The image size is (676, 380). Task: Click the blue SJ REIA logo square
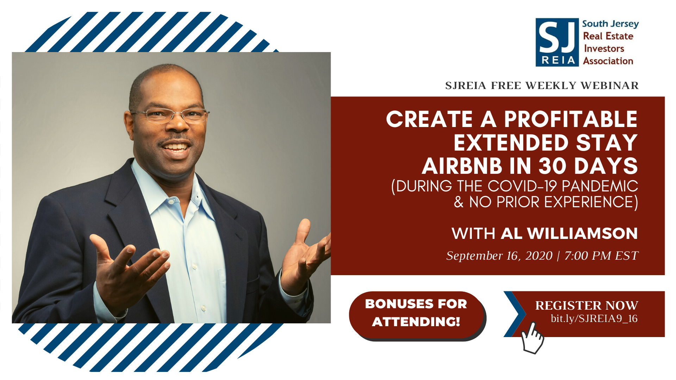pos(557,42)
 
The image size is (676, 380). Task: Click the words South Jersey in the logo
pos(610,24)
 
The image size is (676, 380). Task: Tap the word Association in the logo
pos(608,61)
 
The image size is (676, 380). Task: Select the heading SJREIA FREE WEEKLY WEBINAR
pos(542,85)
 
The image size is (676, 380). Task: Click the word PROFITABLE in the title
pos(571,119)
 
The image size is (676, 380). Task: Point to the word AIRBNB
pos(462,166)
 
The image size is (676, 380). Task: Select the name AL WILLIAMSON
pos(569,233)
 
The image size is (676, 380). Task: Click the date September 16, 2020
pos(499,256)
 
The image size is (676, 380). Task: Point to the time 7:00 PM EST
pos(601,256)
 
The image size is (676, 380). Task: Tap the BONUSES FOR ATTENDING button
pos(417,315)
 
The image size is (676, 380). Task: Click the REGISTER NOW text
pos(587,305)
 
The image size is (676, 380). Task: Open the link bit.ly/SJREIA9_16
pos(594,318)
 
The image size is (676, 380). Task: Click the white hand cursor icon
pos(532,338)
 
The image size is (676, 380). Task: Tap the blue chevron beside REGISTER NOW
pos(515,314)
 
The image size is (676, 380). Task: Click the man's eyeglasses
pos(170,115)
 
